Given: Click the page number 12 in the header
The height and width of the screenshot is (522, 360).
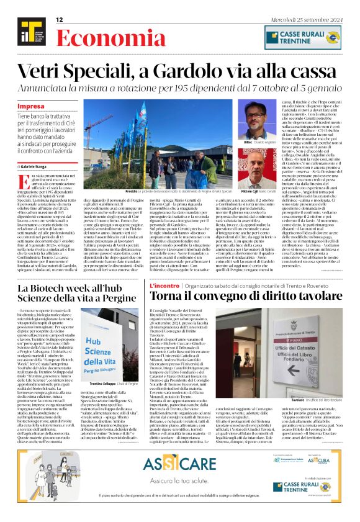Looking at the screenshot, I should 60,20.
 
